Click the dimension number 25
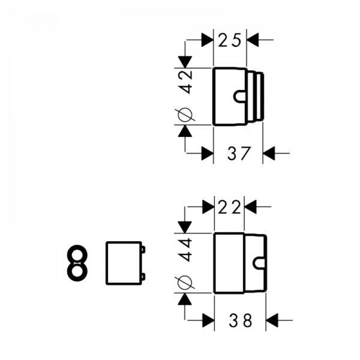click(229, 40)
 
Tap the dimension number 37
click(239, 153)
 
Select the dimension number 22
click(229, 207)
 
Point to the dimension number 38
click(241, 320)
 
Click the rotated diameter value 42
click(186, 82)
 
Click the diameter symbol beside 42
click(185, 115)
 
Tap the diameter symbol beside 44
click(185, 282)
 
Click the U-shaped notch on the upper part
click(234, 96)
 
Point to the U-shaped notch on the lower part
click(253, 263)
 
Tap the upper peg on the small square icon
click(143, 250)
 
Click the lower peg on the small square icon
click(143, 277)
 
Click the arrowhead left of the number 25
click(208, 40)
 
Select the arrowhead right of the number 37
click(269, 153)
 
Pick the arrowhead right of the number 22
click(250, 206)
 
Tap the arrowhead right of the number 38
click(272, 320)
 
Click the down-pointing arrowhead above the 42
click(185, 62)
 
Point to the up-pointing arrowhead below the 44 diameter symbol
click(185, 299)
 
